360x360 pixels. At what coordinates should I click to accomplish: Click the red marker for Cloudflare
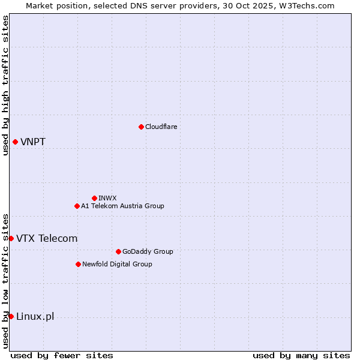(141, 127)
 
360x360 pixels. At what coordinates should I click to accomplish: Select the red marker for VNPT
(15, 142)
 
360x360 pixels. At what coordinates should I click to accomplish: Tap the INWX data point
(94, 198)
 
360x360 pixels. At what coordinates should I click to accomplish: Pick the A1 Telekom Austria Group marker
(77, 206)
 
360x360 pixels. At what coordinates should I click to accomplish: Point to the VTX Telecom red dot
(11, 238)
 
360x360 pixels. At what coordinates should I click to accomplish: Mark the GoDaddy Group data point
(118, 251)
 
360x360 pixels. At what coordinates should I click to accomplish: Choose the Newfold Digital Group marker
(78, 264)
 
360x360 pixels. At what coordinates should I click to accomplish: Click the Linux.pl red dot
(11, 316)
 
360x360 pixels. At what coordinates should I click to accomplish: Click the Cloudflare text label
(161, 127)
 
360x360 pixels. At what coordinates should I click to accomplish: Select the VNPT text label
(33, 142)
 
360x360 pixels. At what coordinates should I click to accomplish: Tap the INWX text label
(107, 198)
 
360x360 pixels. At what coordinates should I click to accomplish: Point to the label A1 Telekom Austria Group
(122, 206)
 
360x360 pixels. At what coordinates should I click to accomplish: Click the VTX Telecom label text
(47, 239)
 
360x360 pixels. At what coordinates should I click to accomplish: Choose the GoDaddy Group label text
(148, 251)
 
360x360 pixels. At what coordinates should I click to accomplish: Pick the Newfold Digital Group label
(117, 264)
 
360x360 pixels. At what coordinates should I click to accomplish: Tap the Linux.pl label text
(35, 317)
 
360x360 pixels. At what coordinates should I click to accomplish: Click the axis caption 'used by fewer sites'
(62, 356)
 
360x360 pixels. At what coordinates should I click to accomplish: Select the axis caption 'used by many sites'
(301, 356)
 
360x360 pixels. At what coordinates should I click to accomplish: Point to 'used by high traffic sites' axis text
(5, 85)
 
